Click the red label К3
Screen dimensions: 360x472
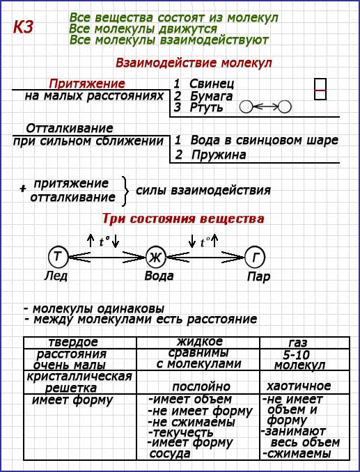click(x=23, y=27)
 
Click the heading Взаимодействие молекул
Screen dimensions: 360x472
click(x=194, y=63)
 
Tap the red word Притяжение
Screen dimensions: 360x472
click(x=87, y=84)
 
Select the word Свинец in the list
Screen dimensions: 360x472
click(x=212, y=84)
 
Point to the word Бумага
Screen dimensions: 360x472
click(x=211, y=97)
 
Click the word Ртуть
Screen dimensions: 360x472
click(x=207, y=107)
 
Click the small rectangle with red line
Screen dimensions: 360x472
click(x=320, y=89)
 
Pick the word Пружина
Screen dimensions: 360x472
click(x=219, y=155)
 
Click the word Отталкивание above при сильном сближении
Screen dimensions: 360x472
click(x=70, y=129)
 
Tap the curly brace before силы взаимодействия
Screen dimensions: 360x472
click(x=125, y=191)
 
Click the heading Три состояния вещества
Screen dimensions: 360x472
click(x=183, y=219)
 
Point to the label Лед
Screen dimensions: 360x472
click(x=56, y=276)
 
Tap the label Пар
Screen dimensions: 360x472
click(x=258, y=276)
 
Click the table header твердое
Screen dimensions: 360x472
click(x=73, y=343)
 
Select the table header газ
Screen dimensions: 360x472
click(x=298, y=343)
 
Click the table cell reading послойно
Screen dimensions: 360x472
click(x=201, y=386)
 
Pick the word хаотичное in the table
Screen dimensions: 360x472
click(x=299, y=386)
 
